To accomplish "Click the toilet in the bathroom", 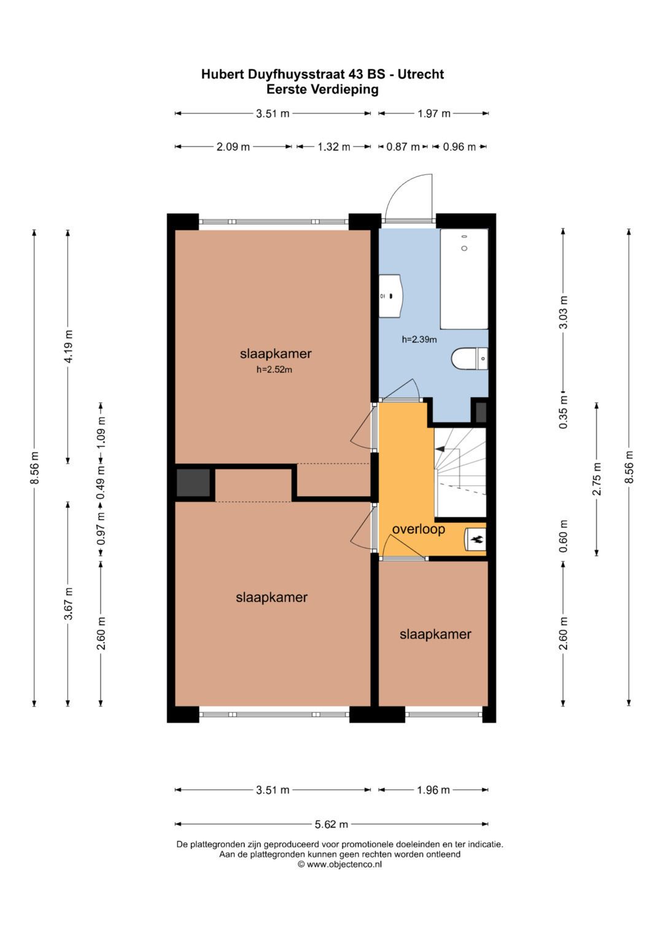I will [x=469, y=359].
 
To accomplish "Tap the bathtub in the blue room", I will [x=464, y=279].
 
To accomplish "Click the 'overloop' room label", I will [x=418, y=530].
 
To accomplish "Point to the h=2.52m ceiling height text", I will [x=274, y=370].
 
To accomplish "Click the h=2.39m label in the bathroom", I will [x=419, y=339].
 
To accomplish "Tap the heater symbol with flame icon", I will [x=476, y=540].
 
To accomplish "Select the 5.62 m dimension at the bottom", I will [x=331, y=824].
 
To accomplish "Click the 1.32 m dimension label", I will [x=333, y=147].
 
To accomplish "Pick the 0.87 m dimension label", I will [x=402, y=147].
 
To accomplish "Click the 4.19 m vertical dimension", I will [x=68, y=346].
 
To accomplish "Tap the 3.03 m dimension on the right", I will [x=563, y=312].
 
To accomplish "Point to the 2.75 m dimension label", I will [x=596, y=479].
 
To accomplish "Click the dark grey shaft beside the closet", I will [x=193, y=483].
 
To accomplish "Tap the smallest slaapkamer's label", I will [x=435, y=635].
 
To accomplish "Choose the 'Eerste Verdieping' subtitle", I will [x=322, y=90].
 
